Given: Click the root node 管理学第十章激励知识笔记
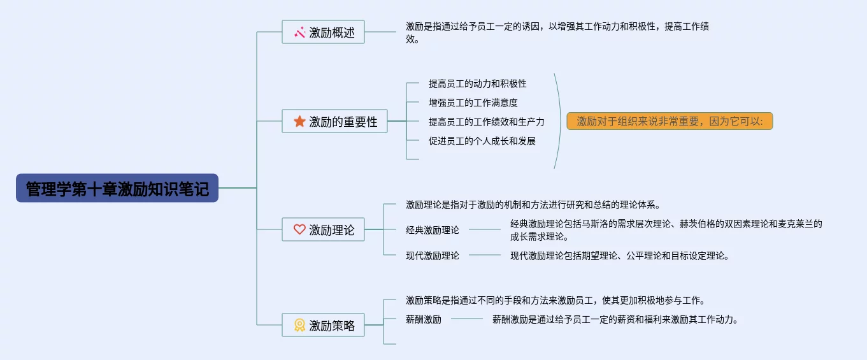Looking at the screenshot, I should tap(117, 188).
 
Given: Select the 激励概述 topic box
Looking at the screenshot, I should tap(323, 32).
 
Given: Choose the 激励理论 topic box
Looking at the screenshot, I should tap(323, 229).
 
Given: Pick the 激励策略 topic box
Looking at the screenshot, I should tap(323, 325).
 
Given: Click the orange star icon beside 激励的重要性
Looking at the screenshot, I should tap(299, 121).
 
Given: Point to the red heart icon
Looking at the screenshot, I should tap(299, 229).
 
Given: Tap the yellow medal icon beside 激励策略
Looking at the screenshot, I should tap(299, 325).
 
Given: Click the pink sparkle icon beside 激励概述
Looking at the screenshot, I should tap(299, 32).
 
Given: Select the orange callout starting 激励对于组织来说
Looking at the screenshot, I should tap(670, 121).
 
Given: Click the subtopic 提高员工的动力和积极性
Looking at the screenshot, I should tap(478, 83).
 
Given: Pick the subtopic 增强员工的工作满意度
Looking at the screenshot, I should tap(473, 103).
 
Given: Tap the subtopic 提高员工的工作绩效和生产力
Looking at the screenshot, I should tap(487, 122).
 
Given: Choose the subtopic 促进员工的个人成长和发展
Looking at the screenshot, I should tap(482, 141).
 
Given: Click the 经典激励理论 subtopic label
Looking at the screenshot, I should tap(433, 230).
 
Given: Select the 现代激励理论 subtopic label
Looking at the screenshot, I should tap(433, 256).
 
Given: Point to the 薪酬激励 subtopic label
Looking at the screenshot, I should tap(424, 319).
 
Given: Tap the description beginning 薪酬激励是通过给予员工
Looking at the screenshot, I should tap(615, 319).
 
